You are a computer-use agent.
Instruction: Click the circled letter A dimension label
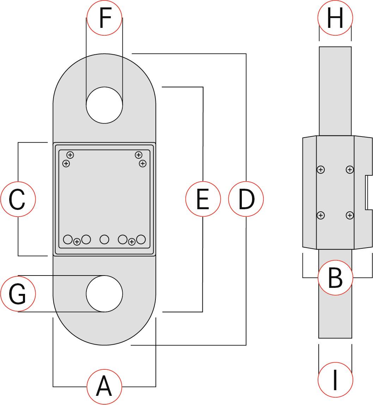104,387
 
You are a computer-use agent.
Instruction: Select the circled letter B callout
335,278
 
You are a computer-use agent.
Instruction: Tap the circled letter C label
18,199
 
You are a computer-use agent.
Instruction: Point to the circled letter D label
246,199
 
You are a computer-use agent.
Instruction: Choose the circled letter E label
203,199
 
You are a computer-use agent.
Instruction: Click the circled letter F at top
104,18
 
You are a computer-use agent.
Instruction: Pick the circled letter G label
18,294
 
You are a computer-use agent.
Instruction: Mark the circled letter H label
335,18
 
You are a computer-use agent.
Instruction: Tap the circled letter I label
335,380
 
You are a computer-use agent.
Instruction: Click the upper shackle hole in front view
104,105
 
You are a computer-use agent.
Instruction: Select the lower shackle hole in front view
104,294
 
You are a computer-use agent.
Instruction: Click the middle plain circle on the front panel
104,240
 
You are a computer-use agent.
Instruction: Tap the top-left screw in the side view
320,170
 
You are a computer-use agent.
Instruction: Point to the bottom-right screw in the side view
349,215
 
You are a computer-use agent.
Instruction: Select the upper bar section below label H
335,91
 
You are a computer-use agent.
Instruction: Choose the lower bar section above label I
335,310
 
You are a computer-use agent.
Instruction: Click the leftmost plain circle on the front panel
68,240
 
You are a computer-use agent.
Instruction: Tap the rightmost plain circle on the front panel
141,240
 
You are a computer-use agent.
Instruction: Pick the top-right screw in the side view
349,170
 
